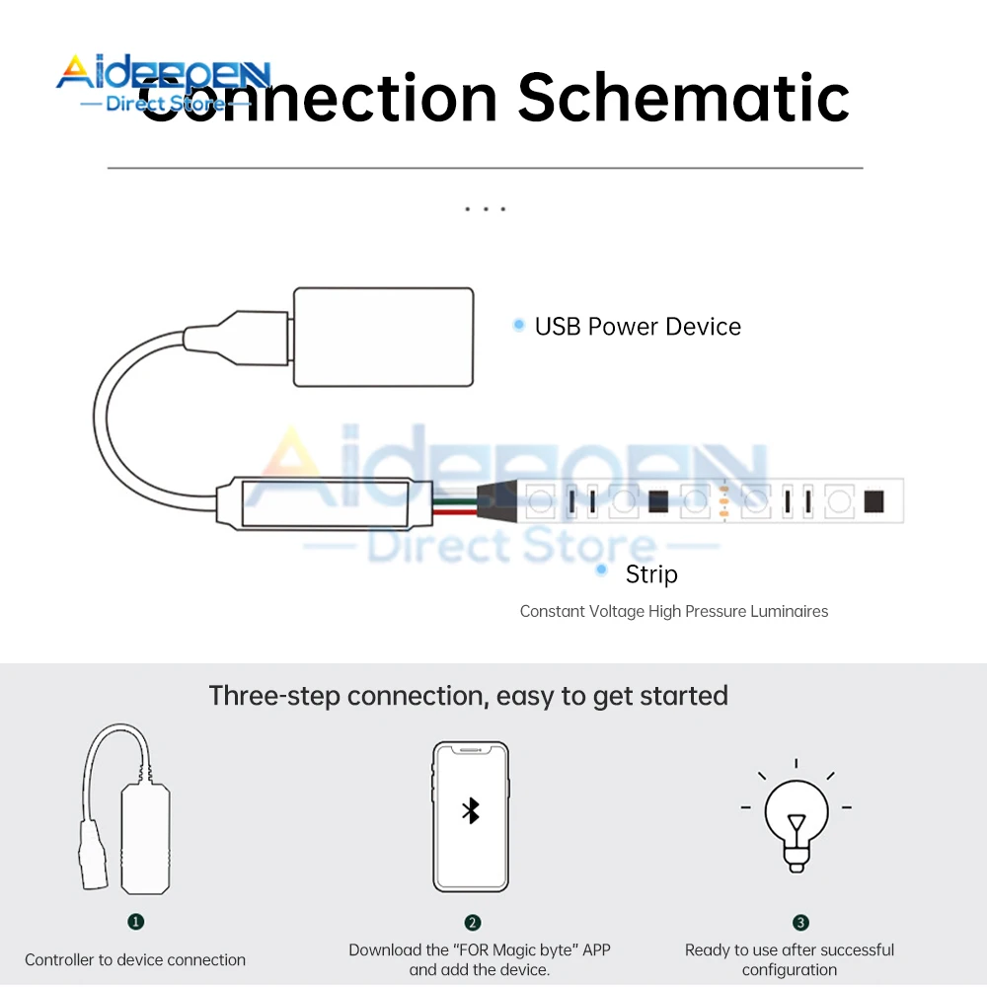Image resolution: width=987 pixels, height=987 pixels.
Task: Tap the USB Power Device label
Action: click(x=638, y=327)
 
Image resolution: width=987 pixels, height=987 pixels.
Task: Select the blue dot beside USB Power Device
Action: click(x=518, y=325)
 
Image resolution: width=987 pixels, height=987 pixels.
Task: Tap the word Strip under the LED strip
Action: click(x=651, y=573)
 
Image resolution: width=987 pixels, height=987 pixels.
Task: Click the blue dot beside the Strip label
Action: click(x=601, y=570)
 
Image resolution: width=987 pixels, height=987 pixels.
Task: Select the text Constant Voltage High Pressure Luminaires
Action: click(x=674, y=612)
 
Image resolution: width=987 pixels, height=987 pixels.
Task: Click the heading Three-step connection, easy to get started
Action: click(x=468, y=696)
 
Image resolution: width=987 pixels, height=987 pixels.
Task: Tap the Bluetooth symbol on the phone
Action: click(x=471, y=811)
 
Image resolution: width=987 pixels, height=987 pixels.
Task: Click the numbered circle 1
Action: click(x=136, y=921)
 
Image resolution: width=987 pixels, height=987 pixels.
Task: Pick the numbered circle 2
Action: click(x=473, y=923)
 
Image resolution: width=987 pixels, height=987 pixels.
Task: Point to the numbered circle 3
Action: click(x=800, y=923)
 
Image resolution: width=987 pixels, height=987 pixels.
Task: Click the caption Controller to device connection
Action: click(x=135, y=959)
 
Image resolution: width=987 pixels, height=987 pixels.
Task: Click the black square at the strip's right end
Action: click(x=873, y=500)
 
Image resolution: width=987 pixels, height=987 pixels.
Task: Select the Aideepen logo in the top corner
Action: click(x=163, y=84)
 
